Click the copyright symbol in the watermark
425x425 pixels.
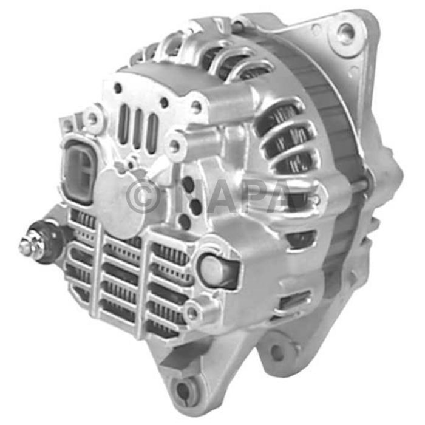[143, 196]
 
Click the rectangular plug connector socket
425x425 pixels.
[79, 164]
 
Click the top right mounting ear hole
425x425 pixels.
[346, 32]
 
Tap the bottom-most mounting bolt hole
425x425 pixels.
[183, 387]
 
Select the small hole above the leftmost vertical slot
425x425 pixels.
[118, 89]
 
